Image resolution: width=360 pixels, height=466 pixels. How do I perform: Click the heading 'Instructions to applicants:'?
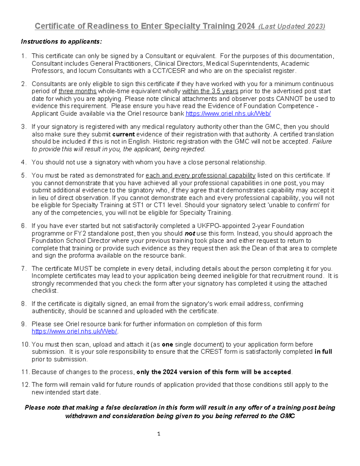(x=61, y=41)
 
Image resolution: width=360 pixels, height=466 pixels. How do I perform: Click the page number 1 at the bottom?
(x=159, y=434)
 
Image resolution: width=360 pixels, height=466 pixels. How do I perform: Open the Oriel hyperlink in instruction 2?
(x=228, y=113)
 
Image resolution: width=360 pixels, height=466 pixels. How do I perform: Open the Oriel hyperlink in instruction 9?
(x=74, y=331)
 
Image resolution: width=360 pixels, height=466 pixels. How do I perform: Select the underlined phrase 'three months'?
(x=77, y=91)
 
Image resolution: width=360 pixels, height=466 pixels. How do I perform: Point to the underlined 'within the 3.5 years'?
(x=210, y=91)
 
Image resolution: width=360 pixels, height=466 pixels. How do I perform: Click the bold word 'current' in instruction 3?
(x=123, y=134)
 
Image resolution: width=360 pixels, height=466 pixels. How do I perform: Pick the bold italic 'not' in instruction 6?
(x=190, y=233)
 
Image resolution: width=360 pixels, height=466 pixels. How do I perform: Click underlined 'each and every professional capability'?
(x=200, y=176)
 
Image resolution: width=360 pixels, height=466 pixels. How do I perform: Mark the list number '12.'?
(x=25, y=385)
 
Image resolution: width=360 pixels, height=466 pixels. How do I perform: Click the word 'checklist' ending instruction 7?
(x=45, y=291)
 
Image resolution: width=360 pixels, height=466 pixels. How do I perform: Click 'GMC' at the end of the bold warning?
(x=287, y=416)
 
